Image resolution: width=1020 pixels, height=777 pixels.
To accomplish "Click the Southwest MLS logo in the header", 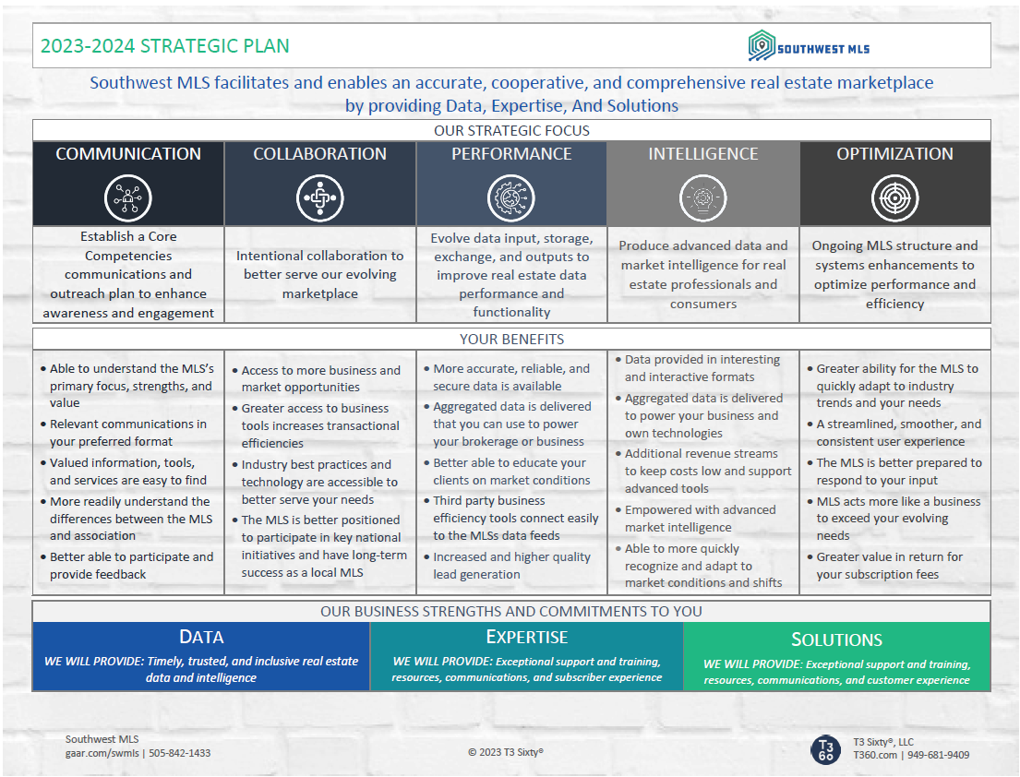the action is point(809,46).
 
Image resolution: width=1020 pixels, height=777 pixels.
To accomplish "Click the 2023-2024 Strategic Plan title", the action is point(164,46).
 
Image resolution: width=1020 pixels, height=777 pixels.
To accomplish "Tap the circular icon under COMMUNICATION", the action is point(128,197).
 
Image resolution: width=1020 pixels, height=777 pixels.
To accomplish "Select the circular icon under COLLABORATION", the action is point(320,197).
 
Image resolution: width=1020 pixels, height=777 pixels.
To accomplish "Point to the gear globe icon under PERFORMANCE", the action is point(511,197).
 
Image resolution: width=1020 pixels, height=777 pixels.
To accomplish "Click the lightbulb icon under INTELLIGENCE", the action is point(703,197).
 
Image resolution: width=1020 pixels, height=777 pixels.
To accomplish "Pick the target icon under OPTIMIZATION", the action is point(895,197).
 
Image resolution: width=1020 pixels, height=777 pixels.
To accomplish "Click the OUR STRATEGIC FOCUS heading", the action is point(512,131).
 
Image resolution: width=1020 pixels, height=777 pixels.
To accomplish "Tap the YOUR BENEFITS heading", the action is point(512,340).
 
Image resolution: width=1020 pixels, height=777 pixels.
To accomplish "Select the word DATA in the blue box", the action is point(201,638).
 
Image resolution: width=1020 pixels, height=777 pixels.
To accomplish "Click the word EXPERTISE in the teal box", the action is point(527,638).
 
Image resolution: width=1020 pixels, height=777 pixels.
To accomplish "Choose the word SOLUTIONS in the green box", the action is point(836,640).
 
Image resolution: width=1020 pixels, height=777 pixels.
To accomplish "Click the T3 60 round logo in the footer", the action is point(825,749).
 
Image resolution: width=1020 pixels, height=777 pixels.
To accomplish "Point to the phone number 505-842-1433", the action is point(180,753).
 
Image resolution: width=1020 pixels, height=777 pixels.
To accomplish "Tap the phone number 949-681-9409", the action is point(939,755).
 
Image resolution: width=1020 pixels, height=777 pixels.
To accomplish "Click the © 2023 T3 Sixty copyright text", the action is point(506,752).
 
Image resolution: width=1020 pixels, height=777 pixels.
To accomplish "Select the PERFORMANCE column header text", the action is point(511,154).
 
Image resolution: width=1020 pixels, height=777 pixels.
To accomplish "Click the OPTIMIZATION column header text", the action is point(895,154).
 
